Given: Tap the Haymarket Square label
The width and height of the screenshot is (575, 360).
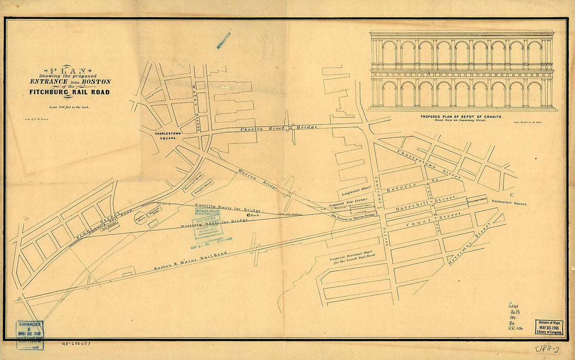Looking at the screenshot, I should pyautogui.click(x=510, y=203).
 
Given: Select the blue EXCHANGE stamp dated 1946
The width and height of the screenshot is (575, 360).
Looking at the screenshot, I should pyautogui.click(x=29, y=334).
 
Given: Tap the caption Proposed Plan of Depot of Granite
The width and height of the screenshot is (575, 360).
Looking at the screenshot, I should pyautogui.click(x=462, y=118).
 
